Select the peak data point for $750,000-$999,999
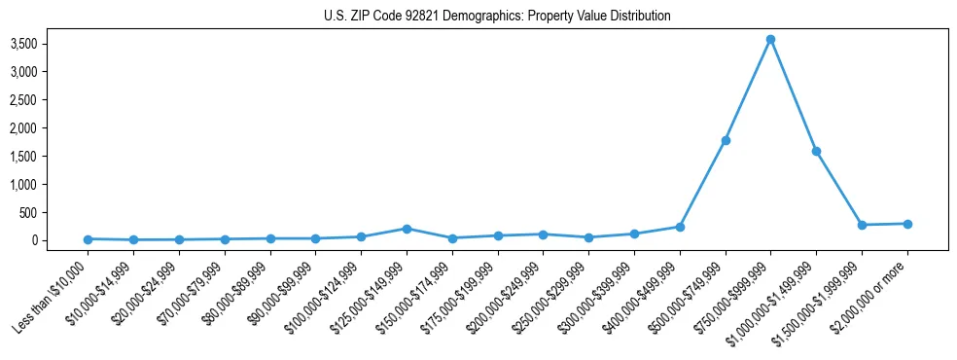[x=770, y=39]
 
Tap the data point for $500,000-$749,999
[x=725, y=140]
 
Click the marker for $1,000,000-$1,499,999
[x=816, y=151]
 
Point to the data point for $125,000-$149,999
[x=407, y=229]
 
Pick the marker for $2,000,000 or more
[x=907, y=224]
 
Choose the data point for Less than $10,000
[x=88, y=239]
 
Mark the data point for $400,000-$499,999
[x=680, y=227]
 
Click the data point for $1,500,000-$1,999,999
[x=862, y=225]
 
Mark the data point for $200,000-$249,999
[x=543, y=234]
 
